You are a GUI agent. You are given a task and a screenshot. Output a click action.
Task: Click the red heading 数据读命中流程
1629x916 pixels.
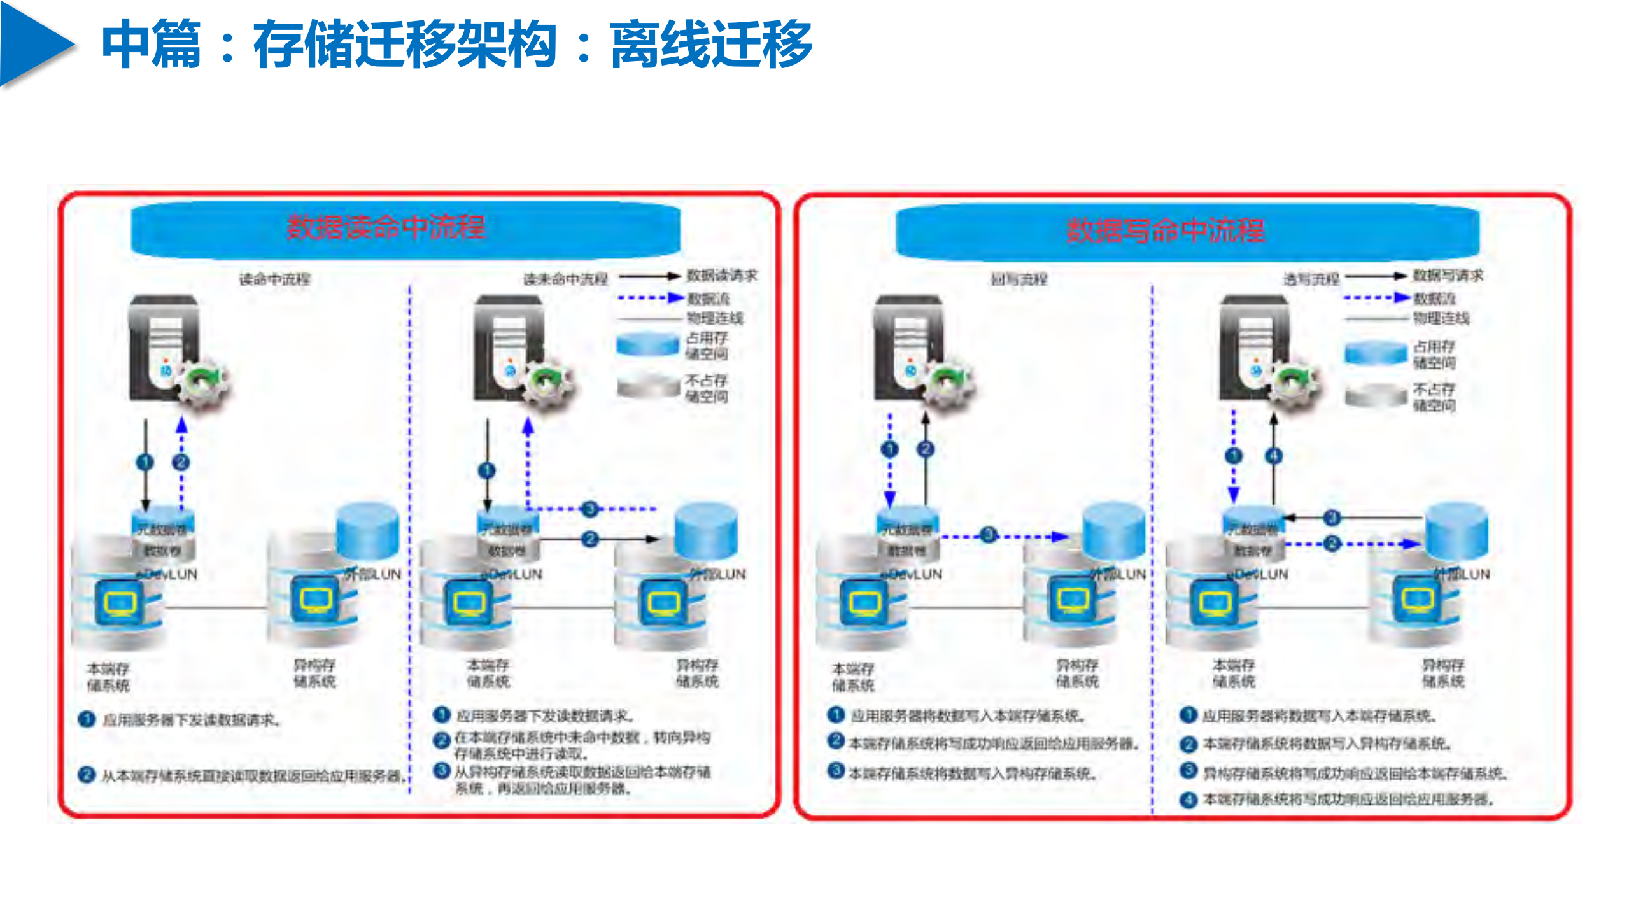(x=386, y=227)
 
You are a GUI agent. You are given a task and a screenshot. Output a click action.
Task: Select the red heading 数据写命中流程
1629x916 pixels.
(x=1165, y=230)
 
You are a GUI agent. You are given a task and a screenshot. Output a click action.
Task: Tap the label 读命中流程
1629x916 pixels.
(x=274, y=279)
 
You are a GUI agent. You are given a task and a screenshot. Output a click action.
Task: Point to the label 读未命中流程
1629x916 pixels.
(x=565, y=279)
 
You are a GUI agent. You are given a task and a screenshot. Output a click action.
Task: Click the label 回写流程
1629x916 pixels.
(x=1019, y=279)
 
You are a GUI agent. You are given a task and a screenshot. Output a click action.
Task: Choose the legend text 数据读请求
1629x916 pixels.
(x=721, y=276)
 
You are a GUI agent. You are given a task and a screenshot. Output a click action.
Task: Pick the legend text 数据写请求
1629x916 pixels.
(x=1448, y=276)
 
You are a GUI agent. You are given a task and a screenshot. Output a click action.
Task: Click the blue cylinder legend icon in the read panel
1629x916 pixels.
(x=647, y=344)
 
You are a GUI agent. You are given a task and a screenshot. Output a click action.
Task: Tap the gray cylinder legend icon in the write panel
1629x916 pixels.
(x=1375, y=395)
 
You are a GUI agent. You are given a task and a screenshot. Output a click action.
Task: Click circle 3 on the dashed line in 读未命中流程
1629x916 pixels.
(x=590, y=509)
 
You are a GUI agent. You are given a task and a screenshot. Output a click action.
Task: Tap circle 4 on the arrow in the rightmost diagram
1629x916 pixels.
(x=1274, y=456)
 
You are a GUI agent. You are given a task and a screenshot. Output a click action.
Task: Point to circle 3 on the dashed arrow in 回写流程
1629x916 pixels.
(x=988, y=535)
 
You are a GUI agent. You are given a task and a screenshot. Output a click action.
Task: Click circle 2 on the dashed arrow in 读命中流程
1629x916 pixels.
(x=181, y=462)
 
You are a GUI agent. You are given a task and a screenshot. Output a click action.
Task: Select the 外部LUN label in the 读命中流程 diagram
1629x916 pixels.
(x=373, y=574)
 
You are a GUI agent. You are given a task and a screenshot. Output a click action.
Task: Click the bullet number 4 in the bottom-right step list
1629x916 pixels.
(x=1188, y=800)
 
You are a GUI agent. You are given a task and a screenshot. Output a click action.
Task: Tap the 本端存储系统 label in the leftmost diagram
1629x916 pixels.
(x=108, y=677)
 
